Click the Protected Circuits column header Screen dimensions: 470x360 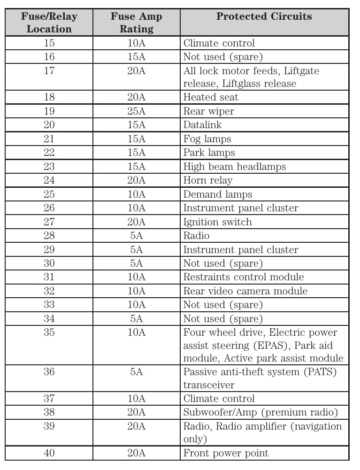point(264,16)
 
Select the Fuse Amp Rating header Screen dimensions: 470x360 point(136,23)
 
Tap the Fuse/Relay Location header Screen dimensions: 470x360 point(49,23)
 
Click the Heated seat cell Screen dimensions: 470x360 point(211,97)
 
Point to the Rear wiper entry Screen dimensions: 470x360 point(208,111)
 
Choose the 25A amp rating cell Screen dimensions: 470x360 point(136,111)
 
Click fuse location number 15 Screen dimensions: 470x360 point(49,43)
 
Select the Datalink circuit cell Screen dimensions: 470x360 point(202,125)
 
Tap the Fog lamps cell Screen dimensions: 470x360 point(207,139)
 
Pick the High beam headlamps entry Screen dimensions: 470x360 point(234,167)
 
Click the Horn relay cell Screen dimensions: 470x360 point(207,180)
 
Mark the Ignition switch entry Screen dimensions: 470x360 point(217,222)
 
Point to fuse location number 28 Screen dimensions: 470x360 point(49,236)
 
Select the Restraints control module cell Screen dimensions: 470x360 point(243,277)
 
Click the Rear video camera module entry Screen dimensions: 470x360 point(245,291)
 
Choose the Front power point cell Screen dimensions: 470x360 point(226,453)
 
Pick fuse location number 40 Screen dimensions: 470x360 point(49,453)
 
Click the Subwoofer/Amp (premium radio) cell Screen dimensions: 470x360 point(260,412)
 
